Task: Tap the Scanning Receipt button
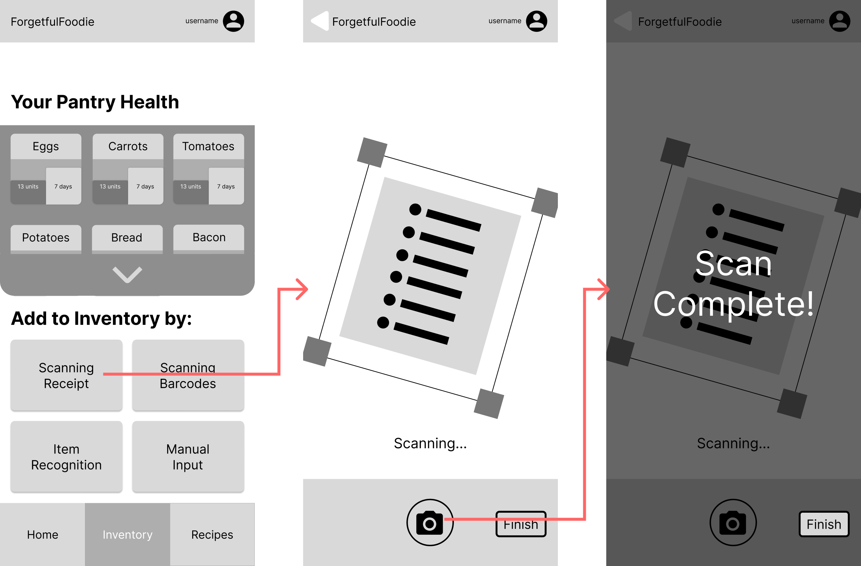(66, 375)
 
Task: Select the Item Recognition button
(66, 456)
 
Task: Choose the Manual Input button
(188, 456)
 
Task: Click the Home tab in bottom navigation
(42, 534)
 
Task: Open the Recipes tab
(212, 534)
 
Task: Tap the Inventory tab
(127, 534)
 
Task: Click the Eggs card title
(45, 146)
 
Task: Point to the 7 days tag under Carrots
(145, 186)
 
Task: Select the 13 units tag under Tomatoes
(191, 187)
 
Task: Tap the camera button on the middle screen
(430, 522)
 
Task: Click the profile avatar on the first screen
(233, 21)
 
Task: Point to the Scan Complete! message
(734, 284)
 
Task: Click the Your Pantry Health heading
(95, 102)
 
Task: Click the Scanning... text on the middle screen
(430, 443)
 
